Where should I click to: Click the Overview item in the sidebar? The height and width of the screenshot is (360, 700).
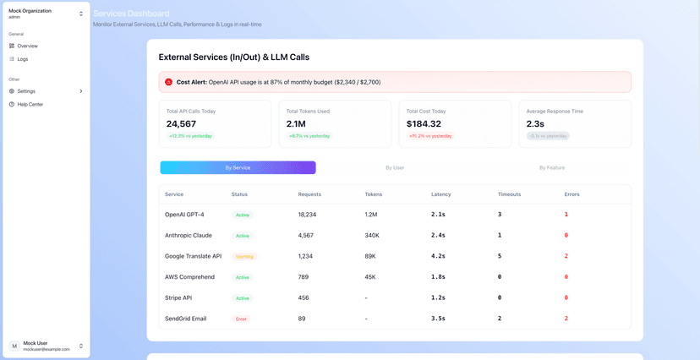[27, 46]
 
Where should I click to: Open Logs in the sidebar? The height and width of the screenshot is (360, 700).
[23, 59]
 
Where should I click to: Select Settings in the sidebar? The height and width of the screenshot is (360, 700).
[26, 91]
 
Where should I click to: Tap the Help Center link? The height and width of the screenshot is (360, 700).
[30, 105]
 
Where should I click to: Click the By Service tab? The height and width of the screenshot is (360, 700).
[238, 167]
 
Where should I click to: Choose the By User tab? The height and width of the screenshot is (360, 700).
[395, 167]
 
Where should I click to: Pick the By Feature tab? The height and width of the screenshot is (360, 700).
[552, 167]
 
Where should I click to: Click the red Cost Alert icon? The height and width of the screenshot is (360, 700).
[169, 82]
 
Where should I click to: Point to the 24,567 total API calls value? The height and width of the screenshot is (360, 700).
[187, 124]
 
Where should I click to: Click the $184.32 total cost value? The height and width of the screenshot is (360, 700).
[424, 124]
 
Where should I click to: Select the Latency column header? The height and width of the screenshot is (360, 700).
[441, 194]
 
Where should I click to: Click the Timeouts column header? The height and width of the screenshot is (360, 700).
[509, 194]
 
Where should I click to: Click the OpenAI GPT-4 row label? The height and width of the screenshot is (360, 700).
[184, 215]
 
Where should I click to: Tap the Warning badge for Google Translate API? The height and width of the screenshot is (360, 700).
[243, 256]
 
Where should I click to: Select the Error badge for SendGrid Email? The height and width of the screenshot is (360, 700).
[241, 319]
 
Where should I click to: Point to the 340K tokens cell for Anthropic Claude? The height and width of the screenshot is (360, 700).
[372, 235]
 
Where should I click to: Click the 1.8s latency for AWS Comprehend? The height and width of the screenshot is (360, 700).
[438, 277]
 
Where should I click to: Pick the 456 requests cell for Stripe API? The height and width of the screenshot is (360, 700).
[304, 297]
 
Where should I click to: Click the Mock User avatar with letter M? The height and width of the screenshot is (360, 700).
[14, 346]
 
